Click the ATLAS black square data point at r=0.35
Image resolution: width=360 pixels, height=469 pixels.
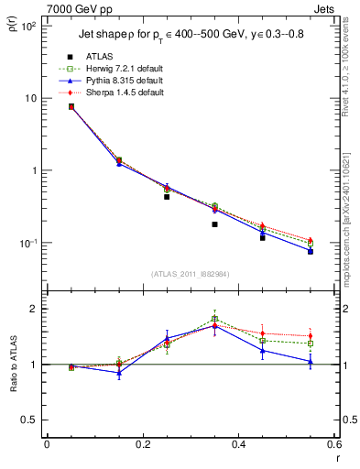(x=214, y=224)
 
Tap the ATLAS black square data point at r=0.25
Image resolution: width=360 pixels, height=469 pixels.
(x=167, y=197)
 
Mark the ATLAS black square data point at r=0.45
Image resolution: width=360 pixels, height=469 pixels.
(x=263, y=237)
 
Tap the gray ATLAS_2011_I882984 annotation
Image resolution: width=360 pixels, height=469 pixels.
(x=190, y=274)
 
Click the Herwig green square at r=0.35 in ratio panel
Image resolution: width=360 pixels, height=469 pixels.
(x=214, y=319)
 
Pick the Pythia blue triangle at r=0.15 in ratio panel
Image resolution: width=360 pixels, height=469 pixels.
(x=119, y=373)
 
